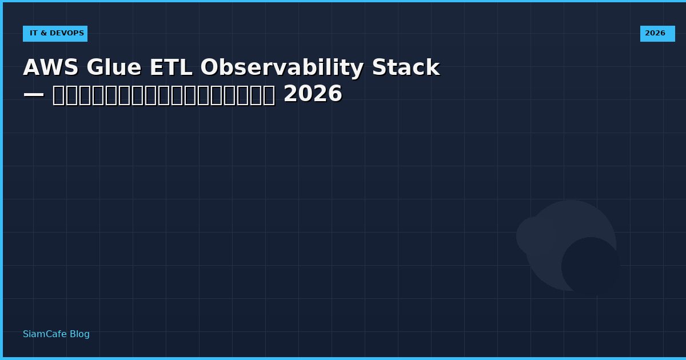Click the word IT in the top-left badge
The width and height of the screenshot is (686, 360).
coord(33,33)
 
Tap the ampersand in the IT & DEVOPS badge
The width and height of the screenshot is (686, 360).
coord(43,33)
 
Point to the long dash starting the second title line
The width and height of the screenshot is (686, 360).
coord(34,94)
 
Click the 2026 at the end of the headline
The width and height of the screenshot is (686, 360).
coord(313,94)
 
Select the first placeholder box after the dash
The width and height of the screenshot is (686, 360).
coord(59,95)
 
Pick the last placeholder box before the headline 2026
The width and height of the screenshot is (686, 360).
coord(269,95)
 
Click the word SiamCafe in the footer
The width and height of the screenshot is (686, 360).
coord(45,334)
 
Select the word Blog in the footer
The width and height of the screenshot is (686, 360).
coord(79,334)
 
